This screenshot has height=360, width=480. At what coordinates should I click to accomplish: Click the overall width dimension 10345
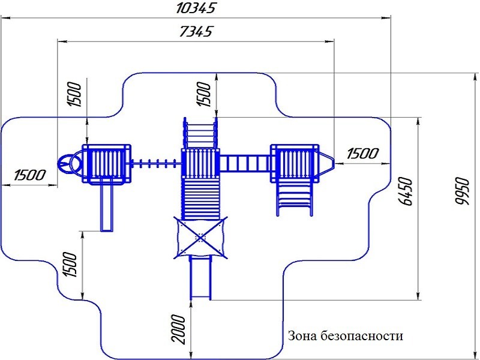point(196,8)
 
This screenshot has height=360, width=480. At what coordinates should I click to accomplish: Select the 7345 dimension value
point(196,32)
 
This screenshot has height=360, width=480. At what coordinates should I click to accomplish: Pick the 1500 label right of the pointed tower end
point(362,154)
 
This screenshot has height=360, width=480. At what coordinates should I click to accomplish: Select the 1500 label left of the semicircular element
point(30,175)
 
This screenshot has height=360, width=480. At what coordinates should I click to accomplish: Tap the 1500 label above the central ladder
point(205,94)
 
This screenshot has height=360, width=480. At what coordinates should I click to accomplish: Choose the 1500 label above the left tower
point(74,94)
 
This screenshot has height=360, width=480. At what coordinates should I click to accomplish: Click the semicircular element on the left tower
point(68,163)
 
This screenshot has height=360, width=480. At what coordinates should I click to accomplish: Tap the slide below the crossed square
point(200,278)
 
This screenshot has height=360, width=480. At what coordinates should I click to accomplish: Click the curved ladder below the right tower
point(294,198)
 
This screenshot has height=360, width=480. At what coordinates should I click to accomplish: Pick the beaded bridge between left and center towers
point(155,163)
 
